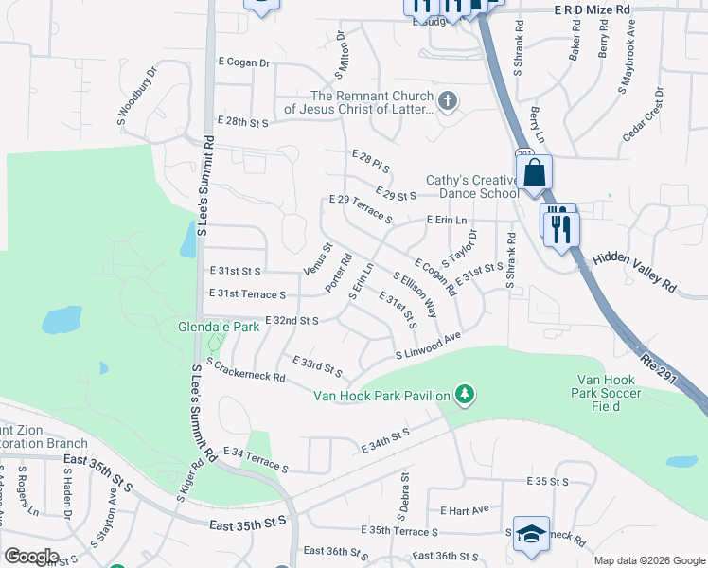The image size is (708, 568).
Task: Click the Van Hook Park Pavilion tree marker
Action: tap(464, 393)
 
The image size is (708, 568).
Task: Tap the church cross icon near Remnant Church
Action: tap(448, 99)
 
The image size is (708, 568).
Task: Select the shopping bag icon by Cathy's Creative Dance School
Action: tap(535, 173)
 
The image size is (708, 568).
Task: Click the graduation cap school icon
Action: tap(530, 533)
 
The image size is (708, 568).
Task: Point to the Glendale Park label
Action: tap(219, 327)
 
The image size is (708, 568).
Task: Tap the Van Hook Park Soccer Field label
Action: tap(607, 393)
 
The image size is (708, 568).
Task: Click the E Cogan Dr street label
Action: tap(244, 63)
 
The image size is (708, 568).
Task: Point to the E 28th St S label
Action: tap(243, 122)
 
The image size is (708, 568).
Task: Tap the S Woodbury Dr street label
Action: tap(136, 102)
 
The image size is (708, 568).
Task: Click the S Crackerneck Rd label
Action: tap(245, 371)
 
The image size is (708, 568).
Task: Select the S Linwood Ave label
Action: tap(428, 345)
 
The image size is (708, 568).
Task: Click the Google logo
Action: tap(31, 556)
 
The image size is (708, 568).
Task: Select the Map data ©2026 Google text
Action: tap(649, 560)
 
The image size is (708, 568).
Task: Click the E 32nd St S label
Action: tap(292, 321)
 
